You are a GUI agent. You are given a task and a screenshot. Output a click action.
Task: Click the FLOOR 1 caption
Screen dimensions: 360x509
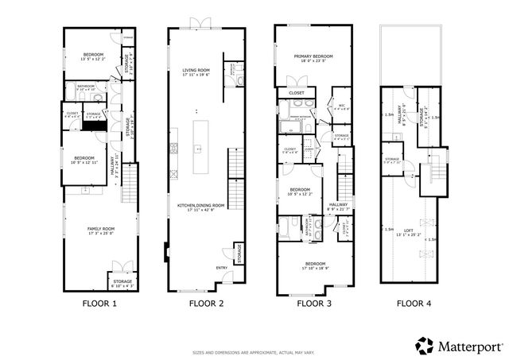[99, 303]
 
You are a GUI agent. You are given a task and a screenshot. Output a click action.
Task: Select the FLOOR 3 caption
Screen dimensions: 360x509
[314, 303]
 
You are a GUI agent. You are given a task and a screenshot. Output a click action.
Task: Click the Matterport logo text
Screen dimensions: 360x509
[465, 346]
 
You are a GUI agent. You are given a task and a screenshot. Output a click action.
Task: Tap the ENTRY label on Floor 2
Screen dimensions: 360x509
[221, 267]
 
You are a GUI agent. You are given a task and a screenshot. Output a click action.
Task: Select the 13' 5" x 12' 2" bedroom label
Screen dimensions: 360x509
[88, 56]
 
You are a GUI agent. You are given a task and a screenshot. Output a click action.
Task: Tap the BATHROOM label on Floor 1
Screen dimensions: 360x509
[86, 86]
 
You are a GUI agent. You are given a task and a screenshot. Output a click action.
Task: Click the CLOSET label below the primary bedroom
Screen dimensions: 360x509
[296, 93]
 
